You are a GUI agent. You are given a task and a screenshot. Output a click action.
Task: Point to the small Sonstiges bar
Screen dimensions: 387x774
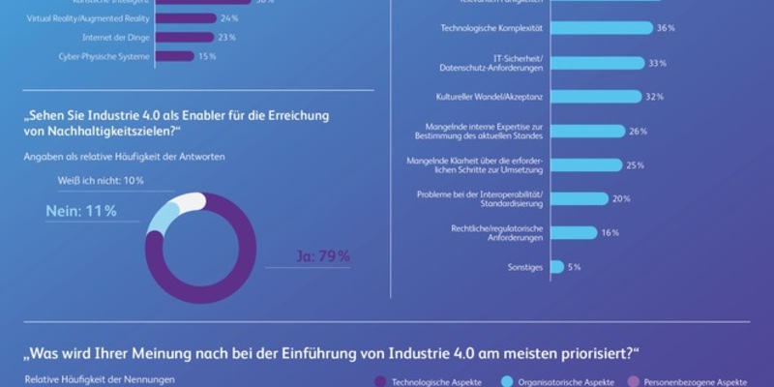pos(556,266)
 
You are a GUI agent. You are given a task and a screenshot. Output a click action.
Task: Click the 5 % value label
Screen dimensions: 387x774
pos(575,266)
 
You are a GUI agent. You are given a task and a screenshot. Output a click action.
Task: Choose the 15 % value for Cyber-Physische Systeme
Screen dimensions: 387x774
pos(207,57)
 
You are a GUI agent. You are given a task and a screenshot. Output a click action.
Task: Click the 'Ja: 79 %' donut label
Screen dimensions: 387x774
pos(322,256)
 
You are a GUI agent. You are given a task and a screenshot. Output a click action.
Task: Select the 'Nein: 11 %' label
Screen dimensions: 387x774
pos(81,210)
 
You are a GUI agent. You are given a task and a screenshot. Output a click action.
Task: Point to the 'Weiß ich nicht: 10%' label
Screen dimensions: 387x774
pos(100,181)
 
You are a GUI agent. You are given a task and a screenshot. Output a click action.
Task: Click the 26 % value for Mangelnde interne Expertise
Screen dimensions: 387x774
pos(637,131)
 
